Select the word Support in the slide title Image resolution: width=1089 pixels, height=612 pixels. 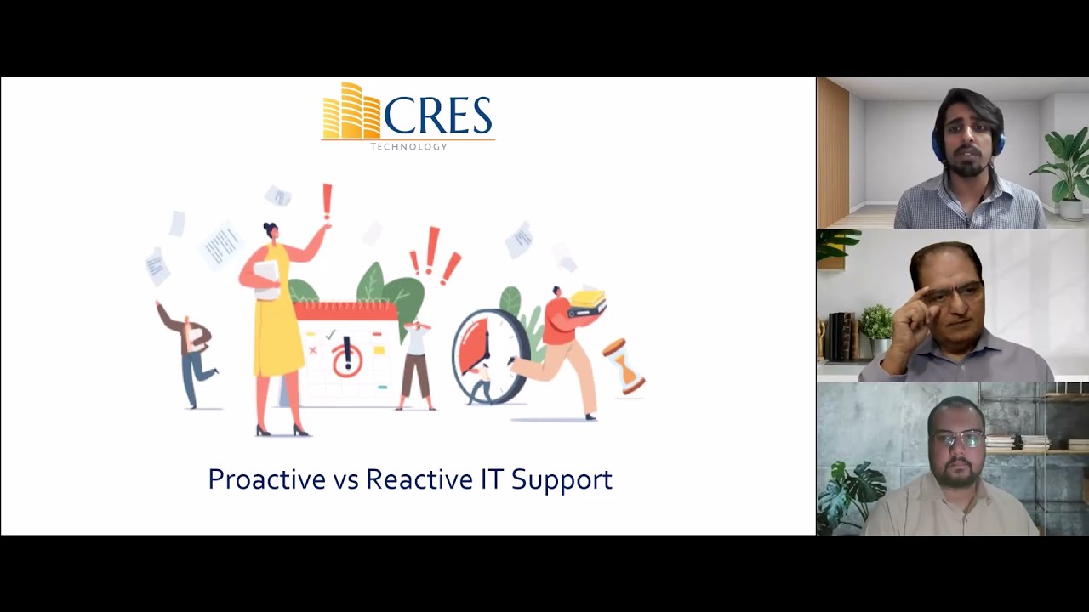pyautogui.click(x=562, y=480)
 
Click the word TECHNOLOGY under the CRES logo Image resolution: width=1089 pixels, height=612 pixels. pyautogui.click(x=408, y=147)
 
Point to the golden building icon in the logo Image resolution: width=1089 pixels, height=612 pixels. pyautogui.click(x=351, y=111)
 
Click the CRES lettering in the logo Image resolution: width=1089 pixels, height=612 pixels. pyautogui.click(x=438, y=116)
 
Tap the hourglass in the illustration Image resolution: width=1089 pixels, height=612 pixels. pyautogui.click(x=624, y=366)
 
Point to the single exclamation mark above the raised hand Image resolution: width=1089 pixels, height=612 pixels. pyautogui.click(x=327, y=202)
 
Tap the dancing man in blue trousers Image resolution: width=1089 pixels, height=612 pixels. pyautogui.click(x=189, y=350)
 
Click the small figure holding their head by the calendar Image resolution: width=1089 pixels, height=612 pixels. pyautogui.click(x=416, y=365)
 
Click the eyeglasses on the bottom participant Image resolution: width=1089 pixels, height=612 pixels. pyautogui.click(x=957, y=439)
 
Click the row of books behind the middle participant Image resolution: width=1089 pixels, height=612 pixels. pyautogui.click(x=841, y=337)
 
